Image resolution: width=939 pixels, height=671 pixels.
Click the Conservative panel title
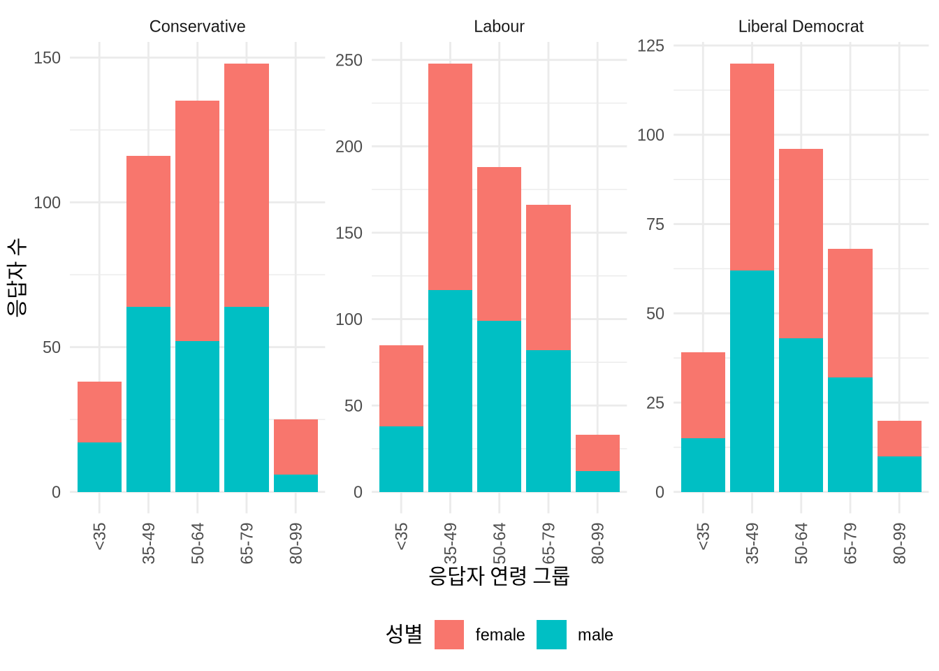pyautogui.click(x=197, y=27)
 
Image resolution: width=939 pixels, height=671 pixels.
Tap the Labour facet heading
pyautogui.click(x=499, y=27)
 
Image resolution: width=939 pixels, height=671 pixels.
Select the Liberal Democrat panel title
pyautogui.click(x=801, y=27)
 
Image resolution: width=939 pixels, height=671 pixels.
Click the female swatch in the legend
pyautogui.click(x=449, y=635)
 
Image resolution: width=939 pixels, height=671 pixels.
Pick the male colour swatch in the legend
pyautogui.click(x=551, y=635)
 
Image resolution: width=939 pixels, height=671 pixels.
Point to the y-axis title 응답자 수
pyautogui.click(x=17, y=277)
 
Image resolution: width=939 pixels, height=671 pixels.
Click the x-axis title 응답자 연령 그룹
pyautogui.click(x=499, y=576)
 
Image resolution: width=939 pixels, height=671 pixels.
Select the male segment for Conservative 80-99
pyautogui.click(x=296, y=483)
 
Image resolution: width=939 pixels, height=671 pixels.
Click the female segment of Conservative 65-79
pyautogui.click(x=247, y=185)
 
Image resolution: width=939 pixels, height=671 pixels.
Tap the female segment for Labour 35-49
pyautogui.click(x=450, y=177)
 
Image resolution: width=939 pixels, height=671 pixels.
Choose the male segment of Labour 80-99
pyautogui.click(x=597, y=481)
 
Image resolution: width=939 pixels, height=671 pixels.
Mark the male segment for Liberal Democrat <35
pyautogui.click(x=703, y=465)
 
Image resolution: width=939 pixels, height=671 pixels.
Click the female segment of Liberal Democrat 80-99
pyautogui.click(x=899, y=438)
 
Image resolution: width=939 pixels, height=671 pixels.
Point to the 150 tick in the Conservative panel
pyautogui.click(x=48, y=58)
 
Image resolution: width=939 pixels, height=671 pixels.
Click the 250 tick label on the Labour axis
pyautogui.click(x=349, y=60)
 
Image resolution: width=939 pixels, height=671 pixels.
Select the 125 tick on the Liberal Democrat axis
pyautogui.click(x=650, y=45)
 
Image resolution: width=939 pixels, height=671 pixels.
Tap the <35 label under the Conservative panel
pyautogui.click(x=99, y=536)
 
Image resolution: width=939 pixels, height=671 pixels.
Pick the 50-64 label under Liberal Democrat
pyautogui.click(x=801, y=543)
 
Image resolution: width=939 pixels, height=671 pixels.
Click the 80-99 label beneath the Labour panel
pyautogui.click(x=597, y=543)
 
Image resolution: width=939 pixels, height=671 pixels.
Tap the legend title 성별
pyautogui.click(x=404, y=634)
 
